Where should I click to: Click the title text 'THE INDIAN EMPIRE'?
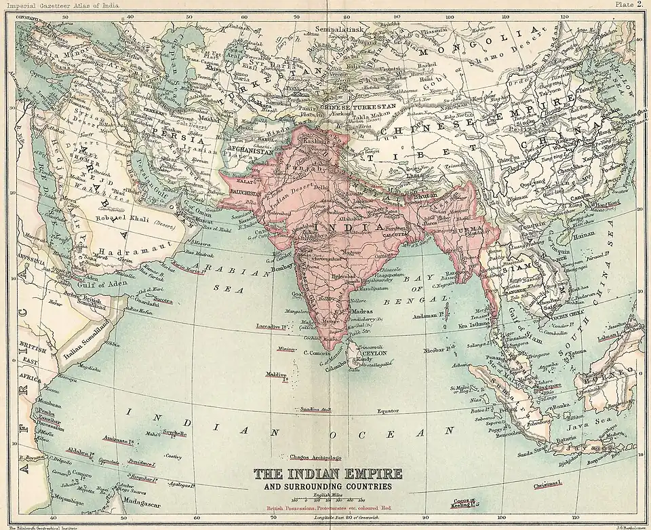coord(328,473)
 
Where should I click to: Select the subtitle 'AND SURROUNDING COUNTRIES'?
coord(328,487)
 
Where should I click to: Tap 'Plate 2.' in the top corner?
coord(630,4)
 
